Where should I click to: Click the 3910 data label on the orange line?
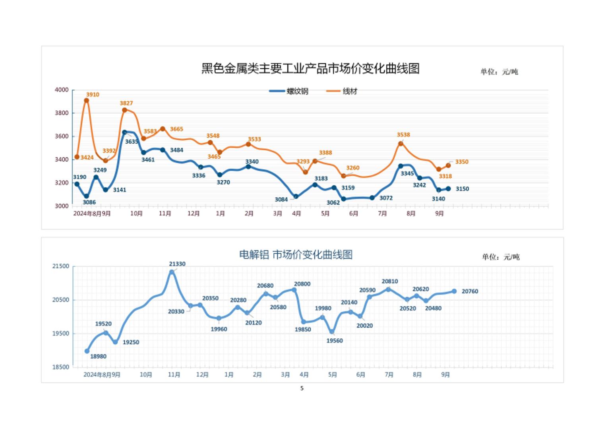[93, 95]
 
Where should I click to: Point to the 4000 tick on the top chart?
[62, 90]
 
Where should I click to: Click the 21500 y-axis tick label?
[61, 266]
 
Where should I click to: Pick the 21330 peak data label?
[177, 264]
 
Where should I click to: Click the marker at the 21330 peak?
[172, 272]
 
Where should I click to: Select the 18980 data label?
[98, 357]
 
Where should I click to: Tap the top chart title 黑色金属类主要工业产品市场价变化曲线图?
[310, 68]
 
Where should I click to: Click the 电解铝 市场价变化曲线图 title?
[296, 255]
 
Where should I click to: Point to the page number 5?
[302, 388]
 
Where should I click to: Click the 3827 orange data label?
[126, 103]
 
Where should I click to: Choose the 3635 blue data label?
[132, 142]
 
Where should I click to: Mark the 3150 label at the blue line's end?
[462, 189]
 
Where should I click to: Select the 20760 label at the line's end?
[470, 291]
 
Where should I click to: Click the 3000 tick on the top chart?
[62, 206]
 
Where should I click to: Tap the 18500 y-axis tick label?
[61, 367]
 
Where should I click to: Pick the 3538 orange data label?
[403, 135]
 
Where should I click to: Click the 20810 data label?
[390, 281]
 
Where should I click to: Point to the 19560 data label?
[335, 341]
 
